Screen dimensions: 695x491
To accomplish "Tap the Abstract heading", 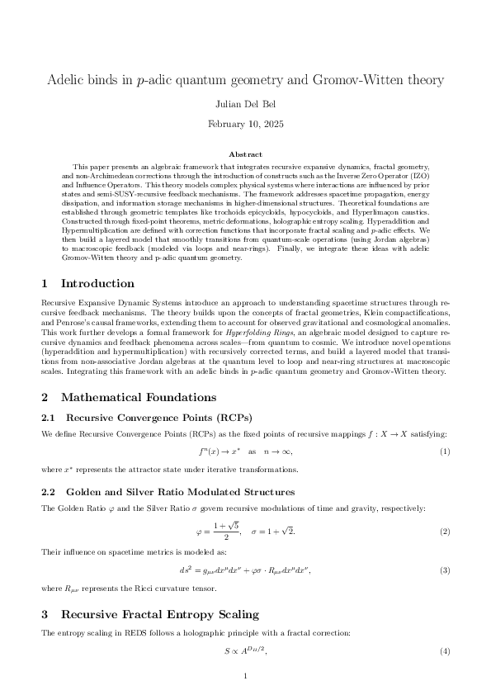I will click(245, 154).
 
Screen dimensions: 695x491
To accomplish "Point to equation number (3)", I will click(444, 570).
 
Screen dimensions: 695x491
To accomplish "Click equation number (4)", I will click(444, 651).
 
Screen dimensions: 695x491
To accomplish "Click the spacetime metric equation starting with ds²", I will click(245, 570).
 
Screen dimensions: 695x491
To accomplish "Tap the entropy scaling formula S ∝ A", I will click(245, 651).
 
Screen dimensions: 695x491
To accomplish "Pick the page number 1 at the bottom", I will click(245, 678).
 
